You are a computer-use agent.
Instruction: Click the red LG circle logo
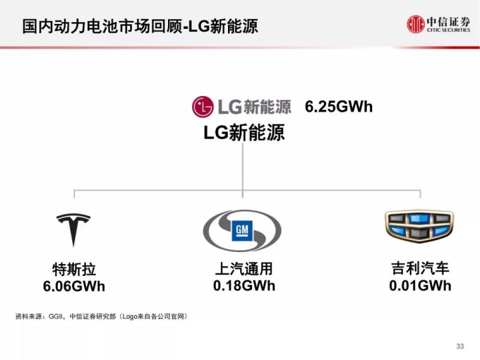(x=203, y=107)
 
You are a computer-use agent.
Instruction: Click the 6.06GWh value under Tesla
(x=74, y=286)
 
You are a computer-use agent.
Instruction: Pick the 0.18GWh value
(x=244, y=285)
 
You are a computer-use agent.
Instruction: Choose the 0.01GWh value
(x=420, y=285)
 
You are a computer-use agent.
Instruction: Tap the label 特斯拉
(x=74, y=269)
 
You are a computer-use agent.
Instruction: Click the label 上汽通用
(x=244, y=269)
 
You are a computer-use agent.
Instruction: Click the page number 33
(x=460, y=346)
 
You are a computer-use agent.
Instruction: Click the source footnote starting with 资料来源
(x=101, y=316)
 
